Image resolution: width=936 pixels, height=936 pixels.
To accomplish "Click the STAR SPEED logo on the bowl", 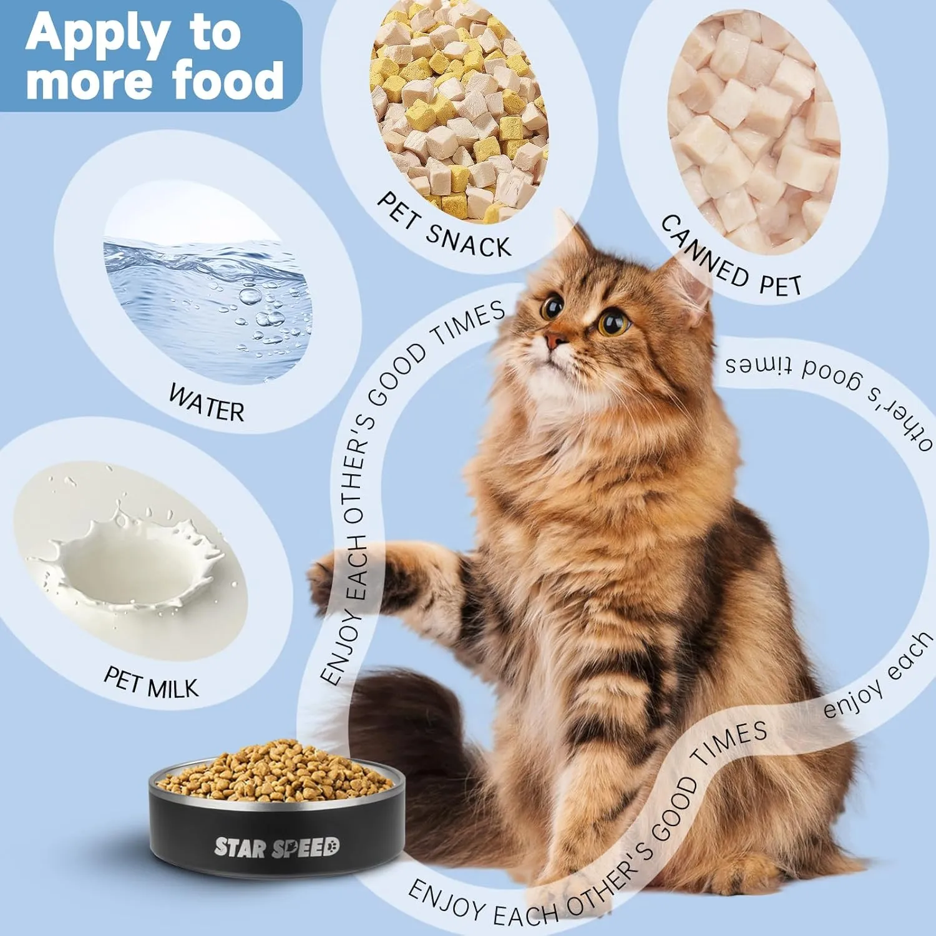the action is (277, 847).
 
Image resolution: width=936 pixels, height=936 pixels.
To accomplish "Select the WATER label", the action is (207, 404).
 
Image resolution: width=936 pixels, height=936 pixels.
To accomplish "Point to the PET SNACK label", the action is (444, 225).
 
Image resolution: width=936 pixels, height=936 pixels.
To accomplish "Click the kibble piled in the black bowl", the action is (277, 772).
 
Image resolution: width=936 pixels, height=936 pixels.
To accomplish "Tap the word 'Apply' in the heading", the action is (97, 33).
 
